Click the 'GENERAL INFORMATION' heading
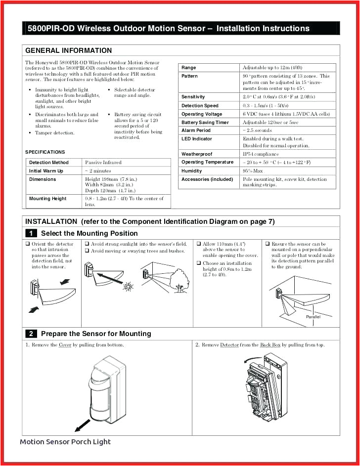click(x=68, y=50)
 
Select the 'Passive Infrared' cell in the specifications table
click(x=103, y=163)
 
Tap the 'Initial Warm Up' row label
click(x=46, y=171)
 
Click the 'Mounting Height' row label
click(x=47, y=199)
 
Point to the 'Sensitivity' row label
click(x=193, y=97)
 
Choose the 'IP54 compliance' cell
click(x=261, y=154)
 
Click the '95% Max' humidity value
click(x=253, y=170)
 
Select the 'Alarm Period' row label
click(x=196, y=130)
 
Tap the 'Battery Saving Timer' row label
click(x=205, y=122)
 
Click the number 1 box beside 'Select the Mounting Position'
click(x=31, y=233)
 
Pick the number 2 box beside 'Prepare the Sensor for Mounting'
click(x=31, y=334)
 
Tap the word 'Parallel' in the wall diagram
click(x=313, y=317)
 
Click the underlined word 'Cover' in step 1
click(x=65, y=345)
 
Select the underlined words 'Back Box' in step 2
click(x=270, y=345)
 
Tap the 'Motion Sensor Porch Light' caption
click(x=65, y=442)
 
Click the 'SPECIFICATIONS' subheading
click(x=45, y=152)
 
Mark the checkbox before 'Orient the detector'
click(x=28, y=244)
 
